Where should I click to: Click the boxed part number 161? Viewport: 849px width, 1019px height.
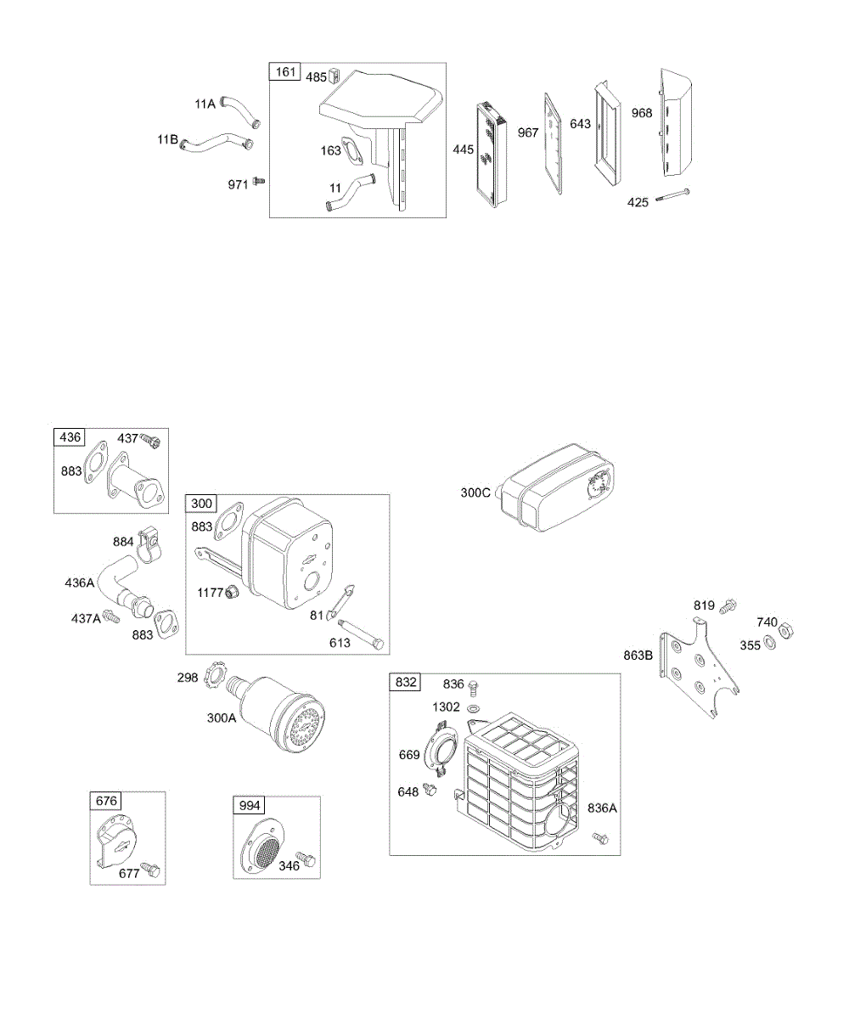pyautogui.click(x=285, y=72)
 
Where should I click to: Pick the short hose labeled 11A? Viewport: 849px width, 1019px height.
pyautogui.click(x=240, y=110)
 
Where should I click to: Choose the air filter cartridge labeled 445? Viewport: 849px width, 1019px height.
pyautogui.click(x=489, y=157)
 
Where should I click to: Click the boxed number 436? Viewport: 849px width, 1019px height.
pyautogui.click(x=70, y=437)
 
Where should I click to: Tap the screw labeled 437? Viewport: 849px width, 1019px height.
pyautogui.click(x=152, y=441)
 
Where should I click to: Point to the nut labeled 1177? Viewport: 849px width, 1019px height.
pyautogui.click(x=228, y=593)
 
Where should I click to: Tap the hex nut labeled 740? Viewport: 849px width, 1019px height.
pyautogui.click(x=786, y=628)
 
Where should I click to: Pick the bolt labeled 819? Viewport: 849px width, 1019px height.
pyautogui.click(x=728, y=606)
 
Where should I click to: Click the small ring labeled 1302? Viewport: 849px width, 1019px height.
pyautogui.click(x=474, y=707)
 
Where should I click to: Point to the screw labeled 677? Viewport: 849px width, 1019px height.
pyautogui.click(x=151, y=870)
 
